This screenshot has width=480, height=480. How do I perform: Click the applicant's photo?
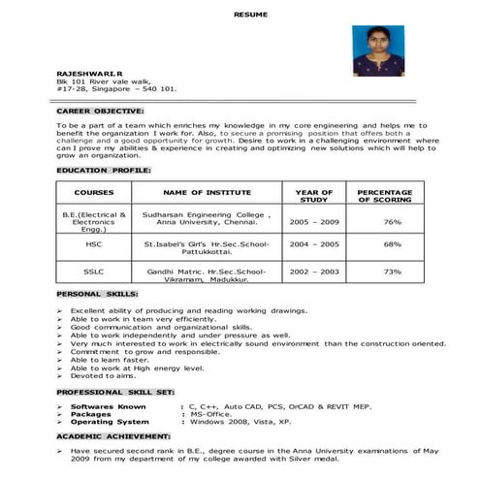pyautogui.click(x=378, y=51)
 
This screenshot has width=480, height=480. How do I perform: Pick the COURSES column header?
pyautogui.click(x=94, y=193)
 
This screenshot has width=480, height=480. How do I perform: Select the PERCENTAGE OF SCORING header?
pyautogui.click(x=392, y=197)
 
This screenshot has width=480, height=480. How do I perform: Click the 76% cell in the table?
pyautogui.click(x=392, y=222)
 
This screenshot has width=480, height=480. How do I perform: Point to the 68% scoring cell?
pyautogui.click(x=392, y=244)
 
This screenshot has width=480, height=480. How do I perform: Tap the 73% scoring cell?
pyautogui.click(x=392, y=272)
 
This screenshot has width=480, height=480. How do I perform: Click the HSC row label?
pyautogui.click(x=94, y=244)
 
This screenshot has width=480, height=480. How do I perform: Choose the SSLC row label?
pyautogui.click(x=94, y=272)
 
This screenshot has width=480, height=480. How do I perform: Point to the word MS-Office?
pyautogui.click(x=212, y=414)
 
